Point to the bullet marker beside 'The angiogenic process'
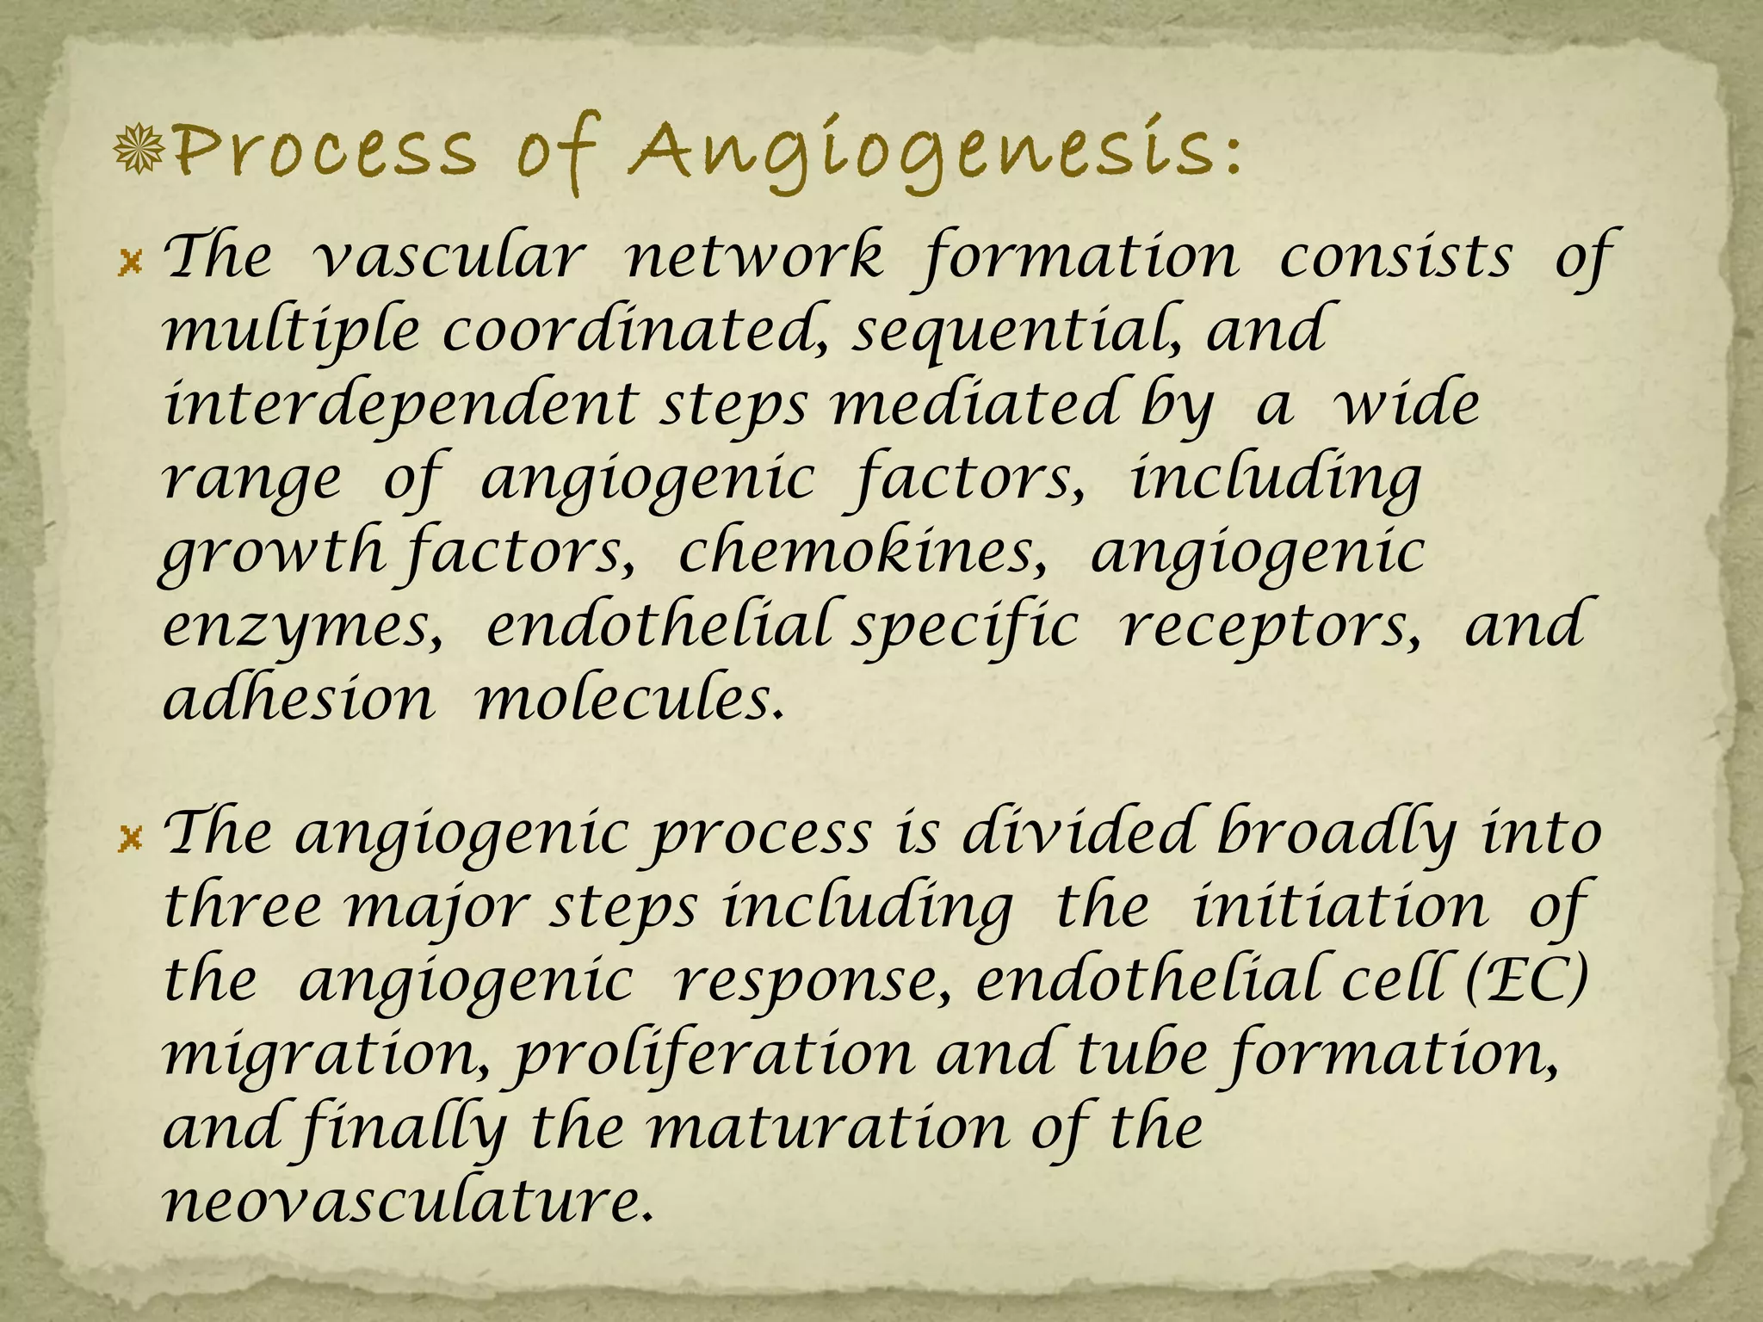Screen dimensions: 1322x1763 [131, 837]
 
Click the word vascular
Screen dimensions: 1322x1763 [448, 258]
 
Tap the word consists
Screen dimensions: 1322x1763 [1395, 258]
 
